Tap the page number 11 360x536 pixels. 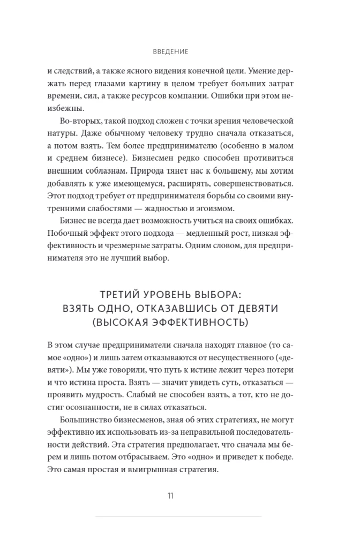(x=170, y=495)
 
